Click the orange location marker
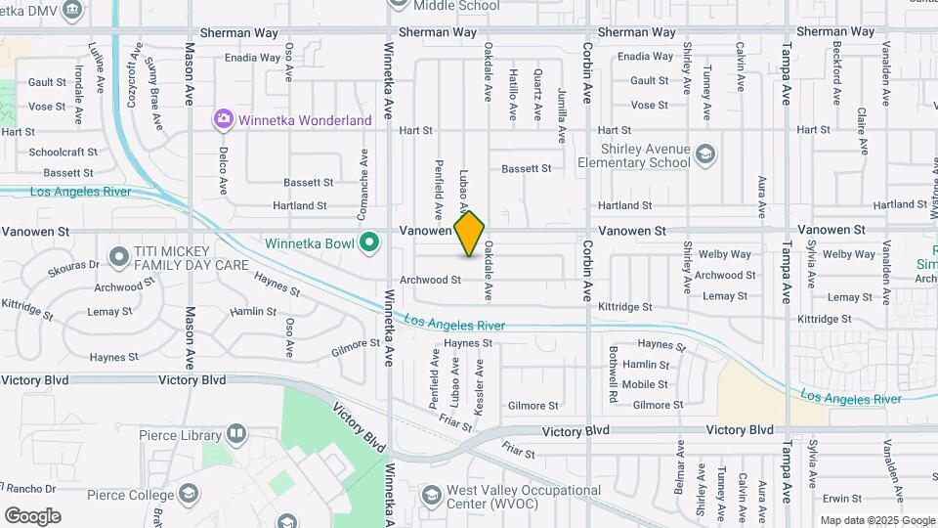coord(469,234)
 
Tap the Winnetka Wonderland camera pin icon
coord(224,120)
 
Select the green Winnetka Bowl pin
coord(368,242)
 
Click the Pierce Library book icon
coord(235,433)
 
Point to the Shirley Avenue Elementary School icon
coord(705,154)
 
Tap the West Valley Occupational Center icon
coord(431,496)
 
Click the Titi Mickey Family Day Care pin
coord(118,258)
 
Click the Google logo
coord(32,516)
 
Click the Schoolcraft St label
coord(64,153)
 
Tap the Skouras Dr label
coord(80,264)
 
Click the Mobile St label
coord(645,385)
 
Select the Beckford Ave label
coord(837,77)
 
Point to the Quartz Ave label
coord(537,94)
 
